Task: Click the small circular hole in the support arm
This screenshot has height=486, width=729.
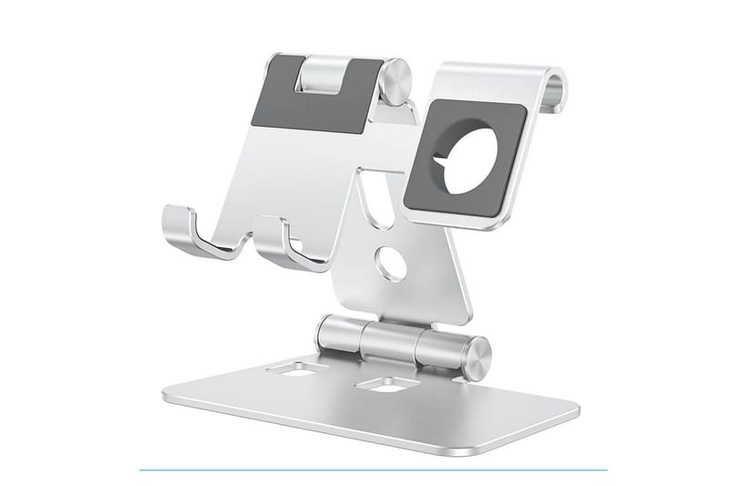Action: pyautogui.click(x=393, y=264)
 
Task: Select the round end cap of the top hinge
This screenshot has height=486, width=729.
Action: pyautogui.click(x=396, y=82)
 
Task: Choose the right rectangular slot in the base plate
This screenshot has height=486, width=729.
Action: pyautogui.click(x=387, y=384)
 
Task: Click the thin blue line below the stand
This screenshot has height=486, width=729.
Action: pyautogui.click(x=374, y=470)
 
